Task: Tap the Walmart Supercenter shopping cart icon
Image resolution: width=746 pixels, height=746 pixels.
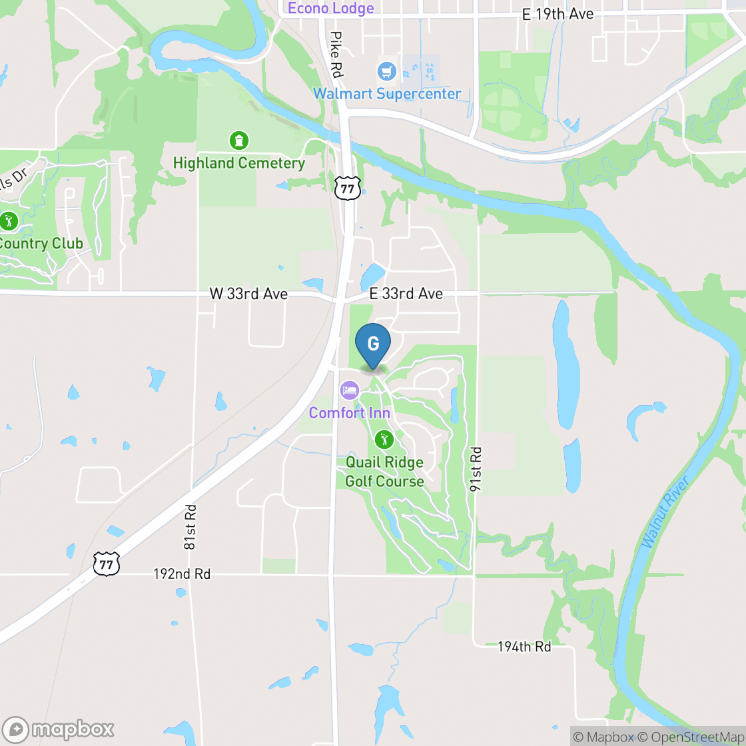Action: (x=386, y=71)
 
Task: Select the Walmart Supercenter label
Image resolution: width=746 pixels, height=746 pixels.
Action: (x=387, y=94)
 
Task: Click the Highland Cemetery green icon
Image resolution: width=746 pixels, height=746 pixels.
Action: (x=238, y=141)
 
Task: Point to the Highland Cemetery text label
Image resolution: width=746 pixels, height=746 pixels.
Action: (x=238, y=163)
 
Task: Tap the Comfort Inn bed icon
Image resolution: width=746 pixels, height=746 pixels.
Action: (x=349, y=390)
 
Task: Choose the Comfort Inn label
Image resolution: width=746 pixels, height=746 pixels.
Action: (x=349, y=414)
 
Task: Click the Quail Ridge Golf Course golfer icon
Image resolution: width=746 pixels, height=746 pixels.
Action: (x=384, y=439)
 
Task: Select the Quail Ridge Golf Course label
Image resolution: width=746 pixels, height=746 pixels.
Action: (x=384, y=472)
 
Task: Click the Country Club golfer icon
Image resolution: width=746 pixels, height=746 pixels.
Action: (x=8, y=220)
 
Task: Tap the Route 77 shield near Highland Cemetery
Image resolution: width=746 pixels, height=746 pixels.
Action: (x=347, y=189)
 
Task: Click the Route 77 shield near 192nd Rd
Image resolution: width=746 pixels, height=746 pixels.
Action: (x=106, y=563)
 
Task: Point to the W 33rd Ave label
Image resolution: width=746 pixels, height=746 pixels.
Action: (x=248, y=294)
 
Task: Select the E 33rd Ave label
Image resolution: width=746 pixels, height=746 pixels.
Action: (x=406, y=294)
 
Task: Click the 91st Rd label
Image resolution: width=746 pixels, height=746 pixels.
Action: (x=476, y=469)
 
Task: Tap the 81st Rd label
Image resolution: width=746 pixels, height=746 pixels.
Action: (x=190, y=526)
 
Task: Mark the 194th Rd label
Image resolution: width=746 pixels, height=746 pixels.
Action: (x=524, y=647)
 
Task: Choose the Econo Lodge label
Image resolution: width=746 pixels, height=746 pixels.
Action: (x=331, y=8)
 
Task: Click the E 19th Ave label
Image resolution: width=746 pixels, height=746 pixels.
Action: (x=558, y=14)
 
